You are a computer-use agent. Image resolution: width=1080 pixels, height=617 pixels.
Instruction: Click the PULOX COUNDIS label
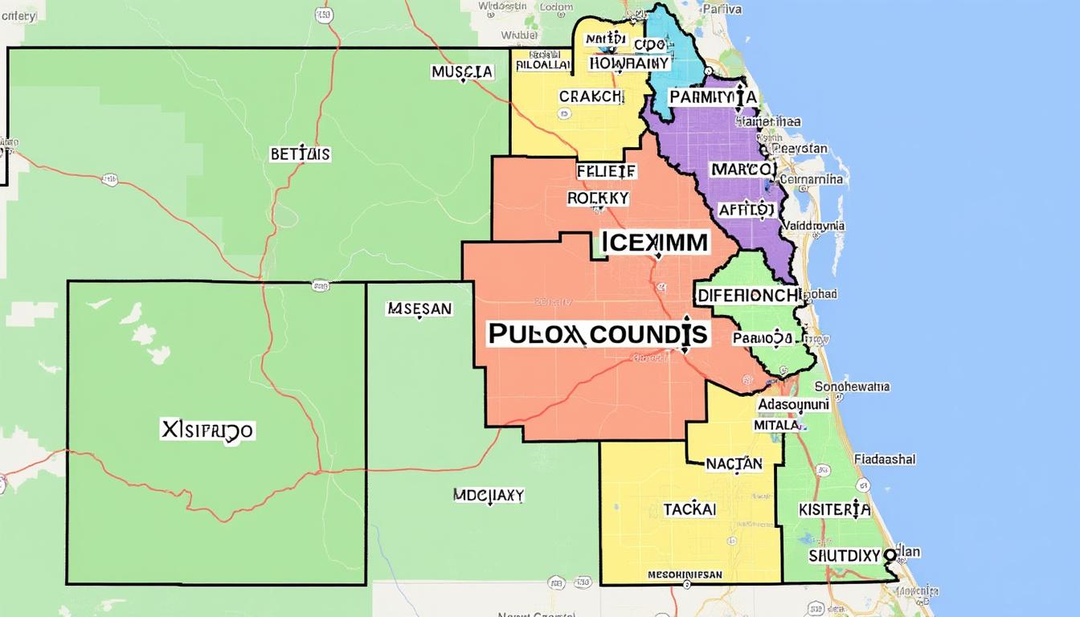click(598, 334)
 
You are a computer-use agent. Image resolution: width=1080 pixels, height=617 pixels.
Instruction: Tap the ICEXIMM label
click(654, 242)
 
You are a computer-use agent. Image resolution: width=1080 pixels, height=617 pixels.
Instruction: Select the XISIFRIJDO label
click(207, 431)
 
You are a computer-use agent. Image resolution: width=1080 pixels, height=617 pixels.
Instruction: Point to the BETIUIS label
click(300, 154)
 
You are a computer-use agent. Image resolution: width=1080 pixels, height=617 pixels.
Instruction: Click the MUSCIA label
click(462, 72)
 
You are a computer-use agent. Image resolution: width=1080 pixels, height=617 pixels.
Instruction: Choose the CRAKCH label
click(590, 96)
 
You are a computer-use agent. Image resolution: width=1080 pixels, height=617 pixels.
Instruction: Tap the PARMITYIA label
click(712, 97)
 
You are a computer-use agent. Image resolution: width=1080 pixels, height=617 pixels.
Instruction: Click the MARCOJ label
click(742, 170)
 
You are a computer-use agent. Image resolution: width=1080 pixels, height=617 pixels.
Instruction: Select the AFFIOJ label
click(747, 210)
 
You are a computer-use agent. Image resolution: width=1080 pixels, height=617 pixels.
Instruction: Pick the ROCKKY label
click(598, 198)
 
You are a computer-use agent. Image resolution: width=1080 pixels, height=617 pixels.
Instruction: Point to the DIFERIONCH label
click(748, 295)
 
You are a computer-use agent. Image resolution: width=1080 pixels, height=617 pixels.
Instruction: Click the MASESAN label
click(419, 308)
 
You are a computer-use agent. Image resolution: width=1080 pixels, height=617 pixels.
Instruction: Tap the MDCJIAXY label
click(488, 495)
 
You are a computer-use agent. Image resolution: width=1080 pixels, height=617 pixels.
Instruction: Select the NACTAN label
click(734, 463)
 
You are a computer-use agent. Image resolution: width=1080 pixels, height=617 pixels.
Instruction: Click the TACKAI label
click(689, 509)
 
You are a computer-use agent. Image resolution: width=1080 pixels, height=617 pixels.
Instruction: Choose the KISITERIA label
click(834, 509)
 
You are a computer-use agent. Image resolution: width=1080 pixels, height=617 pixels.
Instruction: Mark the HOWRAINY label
click(628, 63)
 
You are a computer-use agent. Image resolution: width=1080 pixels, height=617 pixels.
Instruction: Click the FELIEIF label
click(606, 171)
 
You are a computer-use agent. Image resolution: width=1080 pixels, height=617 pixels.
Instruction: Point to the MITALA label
click(776, 425)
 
